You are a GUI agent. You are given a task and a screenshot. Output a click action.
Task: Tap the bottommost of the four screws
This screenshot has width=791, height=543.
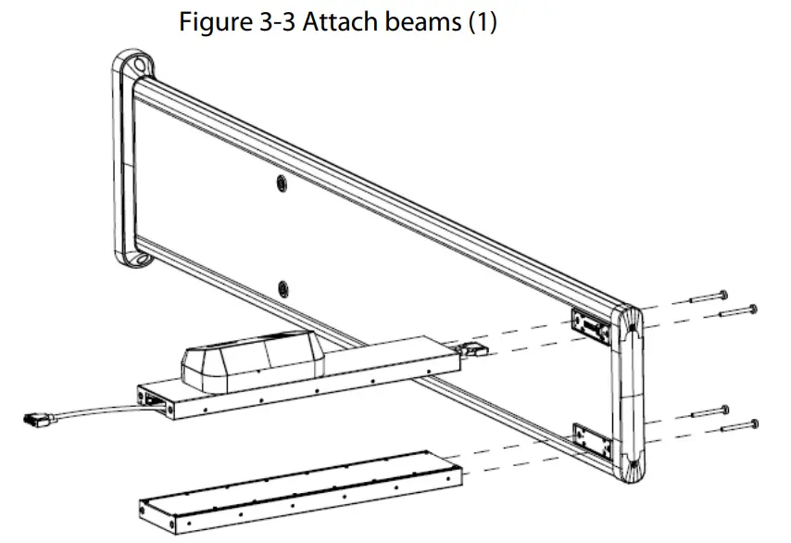pyautogui.click(x=739, y=427)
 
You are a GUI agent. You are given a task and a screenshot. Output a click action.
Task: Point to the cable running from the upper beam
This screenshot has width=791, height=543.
pyautogui.click(x=93, y=412)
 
